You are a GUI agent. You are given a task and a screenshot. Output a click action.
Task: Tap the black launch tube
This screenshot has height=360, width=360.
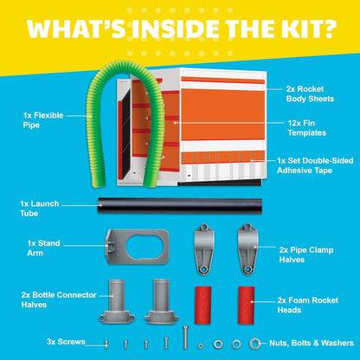(x=180, y=206)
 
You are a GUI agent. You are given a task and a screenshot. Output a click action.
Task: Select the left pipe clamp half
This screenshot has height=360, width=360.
(x=204, y=249)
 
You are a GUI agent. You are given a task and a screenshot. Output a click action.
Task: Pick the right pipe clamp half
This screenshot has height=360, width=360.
(x=247, y=248)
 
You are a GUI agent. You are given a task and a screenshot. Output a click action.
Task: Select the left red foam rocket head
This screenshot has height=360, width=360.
(x=203, y=305)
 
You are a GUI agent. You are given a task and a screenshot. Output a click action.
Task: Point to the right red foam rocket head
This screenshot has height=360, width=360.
(x=246, y=305)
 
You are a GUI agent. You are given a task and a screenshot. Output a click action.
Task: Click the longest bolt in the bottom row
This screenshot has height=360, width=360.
(x=185, y=337)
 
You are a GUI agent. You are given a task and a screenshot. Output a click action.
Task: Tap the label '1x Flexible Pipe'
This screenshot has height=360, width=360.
(x=43, y=120)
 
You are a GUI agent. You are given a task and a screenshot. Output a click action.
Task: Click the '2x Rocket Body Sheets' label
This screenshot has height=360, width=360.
(x=310, y=93)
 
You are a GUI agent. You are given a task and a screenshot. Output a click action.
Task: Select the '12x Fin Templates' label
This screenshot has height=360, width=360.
(x=307, y=128)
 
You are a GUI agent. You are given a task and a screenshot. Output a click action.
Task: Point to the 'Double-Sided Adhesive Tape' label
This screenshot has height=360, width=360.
(x=315, y=165)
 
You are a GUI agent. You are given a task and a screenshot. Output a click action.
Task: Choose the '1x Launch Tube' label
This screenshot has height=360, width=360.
(x=40, y=209)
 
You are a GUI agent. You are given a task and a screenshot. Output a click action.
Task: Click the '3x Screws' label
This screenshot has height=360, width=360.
(x=66, y=342)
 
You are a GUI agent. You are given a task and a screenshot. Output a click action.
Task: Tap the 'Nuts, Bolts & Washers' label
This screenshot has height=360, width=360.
(x=312, y=343)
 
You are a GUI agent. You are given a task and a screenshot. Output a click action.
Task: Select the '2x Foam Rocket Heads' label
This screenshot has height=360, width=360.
(x=308, y=305)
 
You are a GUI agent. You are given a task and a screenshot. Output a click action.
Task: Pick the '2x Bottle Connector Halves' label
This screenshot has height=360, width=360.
(x=59, y=299)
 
